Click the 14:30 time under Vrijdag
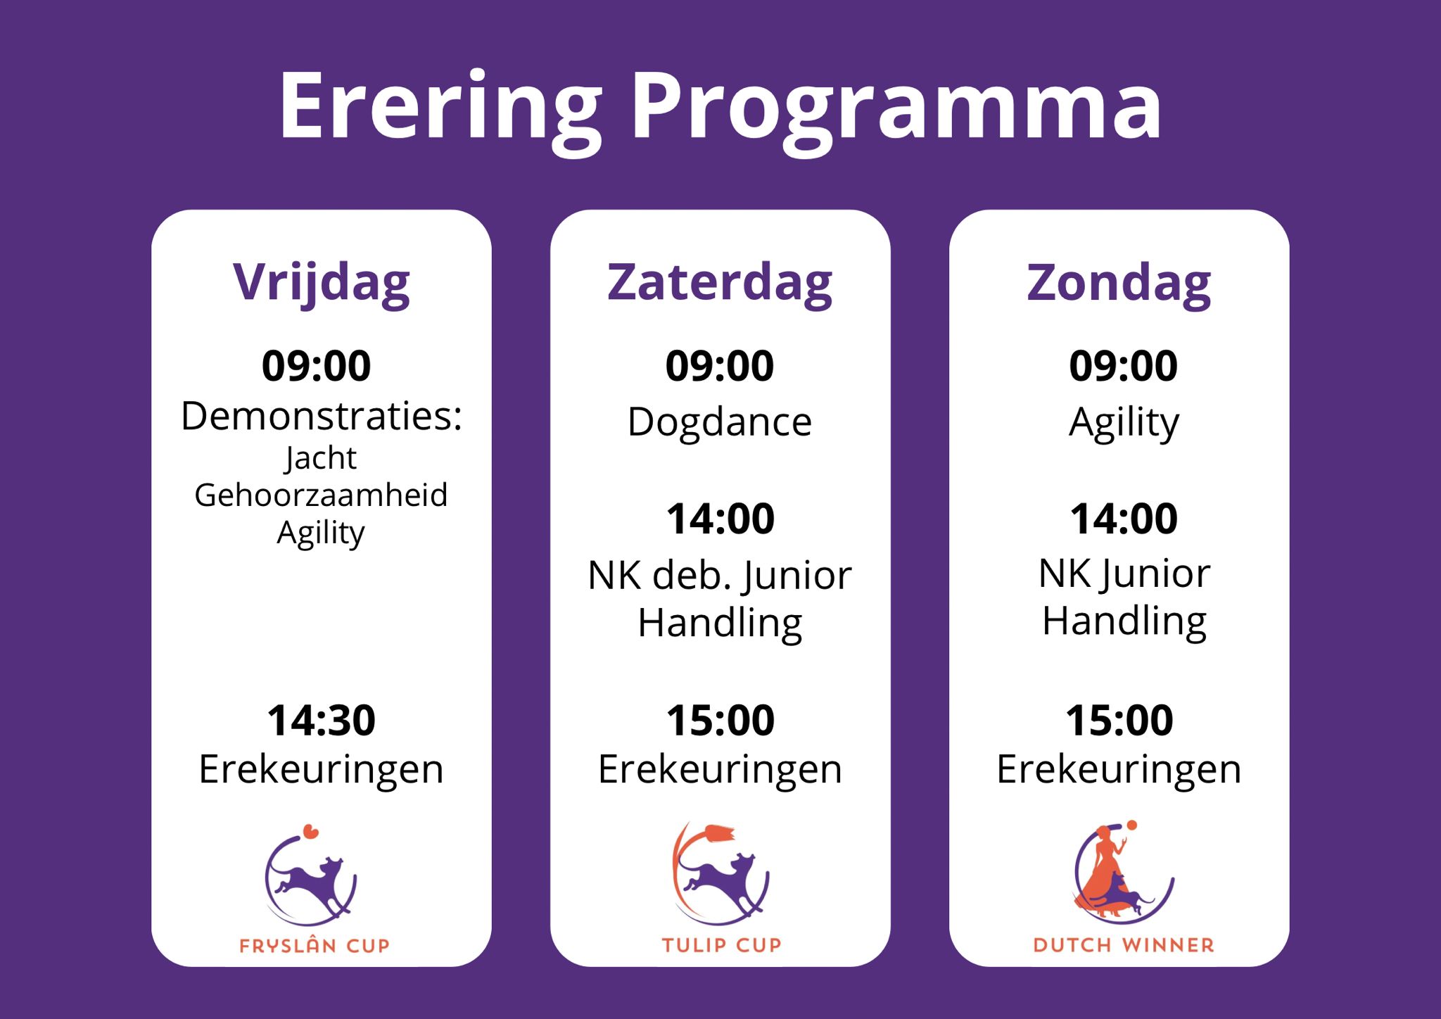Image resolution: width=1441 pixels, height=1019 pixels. click(321, 720)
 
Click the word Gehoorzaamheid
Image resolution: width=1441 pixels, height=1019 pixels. click(321, 495)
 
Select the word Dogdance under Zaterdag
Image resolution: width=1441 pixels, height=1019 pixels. click(720, 422)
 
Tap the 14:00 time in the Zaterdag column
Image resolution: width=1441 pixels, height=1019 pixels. click(720, 519)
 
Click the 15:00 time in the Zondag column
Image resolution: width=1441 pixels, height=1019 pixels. click(1119, 720)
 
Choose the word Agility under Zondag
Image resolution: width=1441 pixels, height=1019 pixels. click(1124, 424)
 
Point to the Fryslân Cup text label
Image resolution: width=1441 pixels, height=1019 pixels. click(315, 945)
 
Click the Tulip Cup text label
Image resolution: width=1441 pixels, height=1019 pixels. click(721, 945)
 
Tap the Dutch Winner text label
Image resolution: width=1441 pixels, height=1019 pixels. click(1124, 945)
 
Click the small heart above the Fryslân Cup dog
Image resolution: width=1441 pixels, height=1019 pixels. click(310, 833)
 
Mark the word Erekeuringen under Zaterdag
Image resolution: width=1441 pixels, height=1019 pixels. click(720, 770)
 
